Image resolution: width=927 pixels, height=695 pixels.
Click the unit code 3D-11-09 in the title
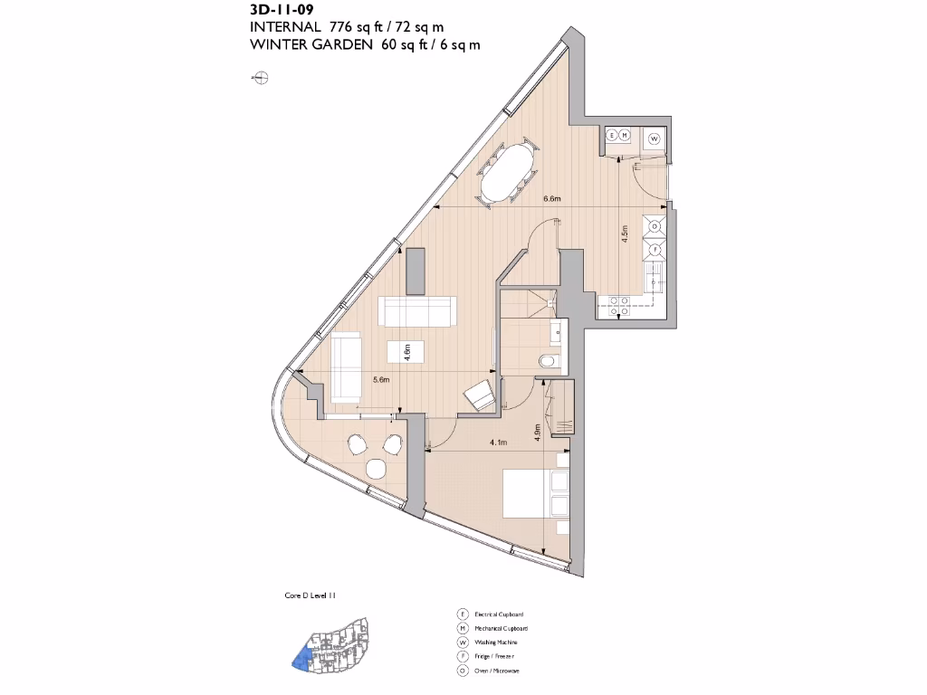[x=282, y=11]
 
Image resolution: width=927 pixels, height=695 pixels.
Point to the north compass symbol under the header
[x=259, y=79]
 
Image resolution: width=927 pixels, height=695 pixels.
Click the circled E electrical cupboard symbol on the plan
[x=612, y=136]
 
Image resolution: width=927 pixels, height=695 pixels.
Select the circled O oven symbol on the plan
[x=654, y=225]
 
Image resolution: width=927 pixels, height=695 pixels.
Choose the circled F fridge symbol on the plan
[x=654, y=249]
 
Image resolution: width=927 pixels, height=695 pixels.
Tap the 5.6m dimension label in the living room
[x=381, y=380]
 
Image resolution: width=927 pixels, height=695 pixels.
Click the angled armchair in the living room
[x=480, y=395]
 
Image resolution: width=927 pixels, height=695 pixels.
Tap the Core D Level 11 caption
[x=311, y=596]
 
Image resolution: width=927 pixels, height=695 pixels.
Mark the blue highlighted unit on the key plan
[x=299, y=659]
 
